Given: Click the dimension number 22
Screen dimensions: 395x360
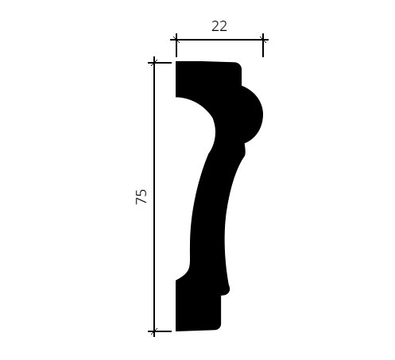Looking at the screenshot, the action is [x=219, y=26].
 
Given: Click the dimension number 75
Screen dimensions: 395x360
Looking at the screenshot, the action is [x=141, y=196].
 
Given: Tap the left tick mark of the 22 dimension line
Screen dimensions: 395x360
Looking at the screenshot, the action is [x=176, y=40].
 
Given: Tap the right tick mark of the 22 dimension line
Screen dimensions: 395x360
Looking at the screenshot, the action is [x=263, y=40].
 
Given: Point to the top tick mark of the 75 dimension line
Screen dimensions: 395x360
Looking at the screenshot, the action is [x=154, y=63].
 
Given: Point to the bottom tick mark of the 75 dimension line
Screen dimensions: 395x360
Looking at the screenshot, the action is [x=154, y=331].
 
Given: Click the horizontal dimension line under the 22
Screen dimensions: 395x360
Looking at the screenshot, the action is [x=219, y=40].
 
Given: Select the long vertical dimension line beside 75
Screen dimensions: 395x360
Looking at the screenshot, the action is [x=154, y=196].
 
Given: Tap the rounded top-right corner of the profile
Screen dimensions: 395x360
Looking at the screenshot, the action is [x=239, y=65].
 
